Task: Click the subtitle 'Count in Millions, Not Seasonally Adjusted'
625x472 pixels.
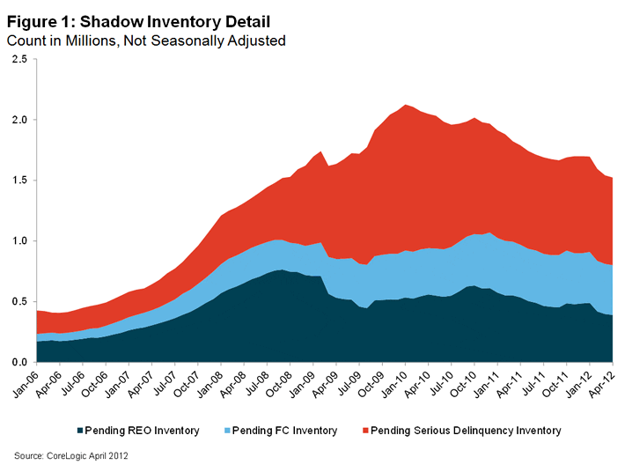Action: tap(146, 40)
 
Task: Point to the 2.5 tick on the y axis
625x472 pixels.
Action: tap(18, 59)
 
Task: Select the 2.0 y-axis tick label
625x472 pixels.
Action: tap(18, 120)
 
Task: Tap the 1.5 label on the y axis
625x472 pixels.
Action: tap(18, 181)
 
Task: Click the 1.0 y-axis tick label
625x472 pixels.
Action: tap(18, 240)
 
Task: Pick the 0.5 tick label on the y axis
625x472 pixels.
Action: tap(18, 301)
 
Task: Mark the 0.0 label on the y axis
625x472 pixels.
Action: tap(18, 362)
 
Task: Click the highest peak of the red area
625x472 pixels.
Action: tap(405, 106)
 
